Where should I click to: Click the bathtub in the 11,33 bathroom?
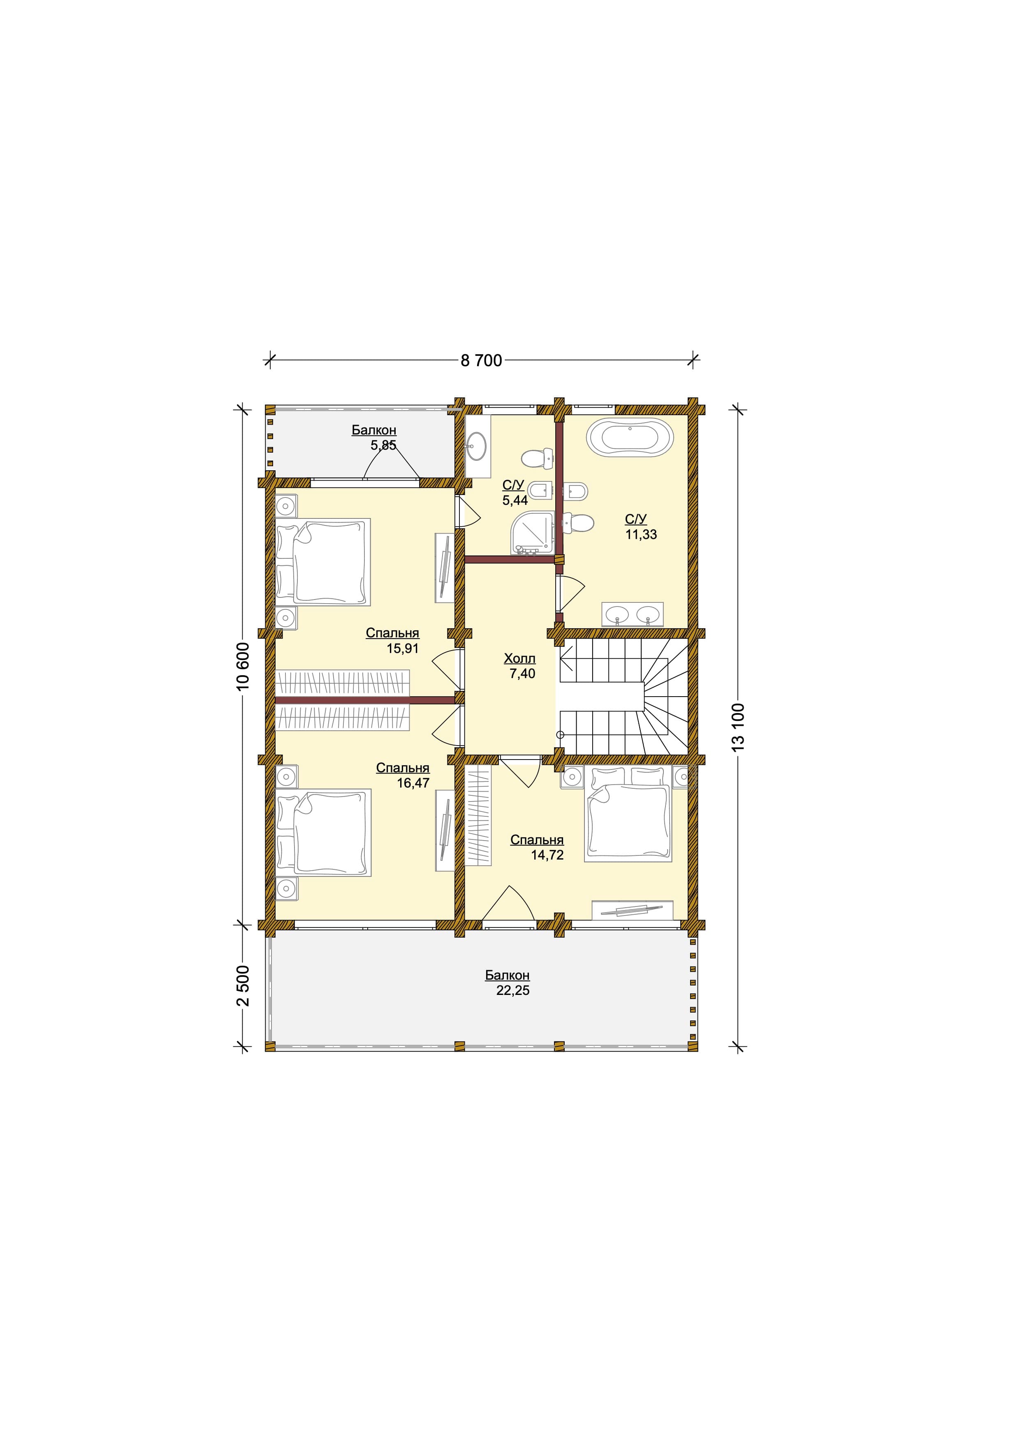[630, 436]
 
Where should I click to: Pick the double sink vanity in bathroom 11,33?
[633, 613]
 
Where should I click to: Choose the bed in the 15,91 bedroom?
[323, 562]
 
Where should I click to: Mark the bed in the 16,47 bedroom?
[323, 833]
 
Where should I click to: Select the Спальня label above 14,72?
[537, 840]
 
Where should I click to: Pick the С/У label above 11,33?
[635, 518]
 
